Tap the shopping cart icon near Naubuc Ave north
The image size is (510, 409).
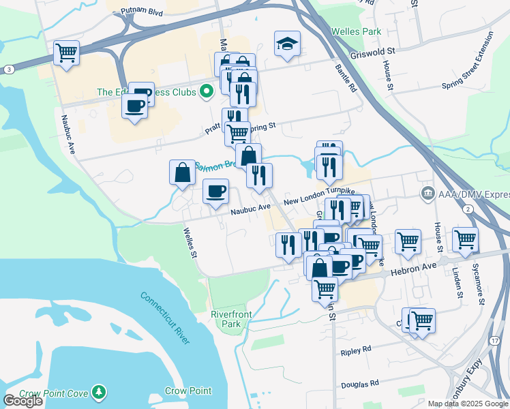pyautogui.click(x=67, y=52)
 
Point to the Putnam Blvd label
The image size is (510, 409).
pyautogui.click(x=142, y=12)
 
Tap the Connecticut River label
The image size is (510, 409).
pyautogui.click(x=165, y=318)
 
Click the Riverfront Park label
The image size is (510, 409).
pyautogui.click(x=226, y=319)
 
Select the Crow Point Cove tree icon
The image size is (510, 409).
pyautogui.click(x=100, y=391)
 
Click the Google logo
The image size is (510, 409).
pyautogui.click(x=22, y=401)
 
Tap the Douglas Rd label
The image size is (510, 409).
pyautogui.click(x=359, y=384)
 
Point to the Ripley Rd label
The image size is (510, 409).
pyautogui.click(x=355, y=349)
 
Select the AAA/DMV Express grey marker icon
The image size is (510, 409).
pyautogui.click(x=427, y=194)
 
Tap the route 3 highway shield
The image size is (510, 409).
pyautogui.click(x=8, y=70)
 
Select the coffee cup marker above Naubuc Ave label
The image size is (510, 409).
pyautogui.click(x=216, y=192)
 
